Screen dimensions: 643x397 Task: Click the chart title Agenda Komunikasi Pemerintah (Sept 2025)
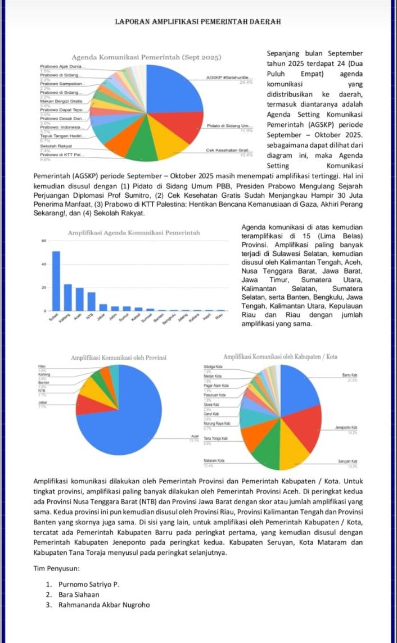click(146, 57)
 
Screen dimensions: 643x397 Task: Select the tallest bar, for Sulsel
click(56, 280)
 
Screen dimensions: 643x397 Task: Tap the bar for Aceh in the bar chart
click(80, 299)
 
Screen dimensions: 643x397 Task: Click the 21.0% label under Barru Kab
click(353, 381)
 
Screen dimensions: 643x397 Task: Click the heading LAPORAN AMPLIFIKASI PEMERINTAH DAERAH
click(198, 22)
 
